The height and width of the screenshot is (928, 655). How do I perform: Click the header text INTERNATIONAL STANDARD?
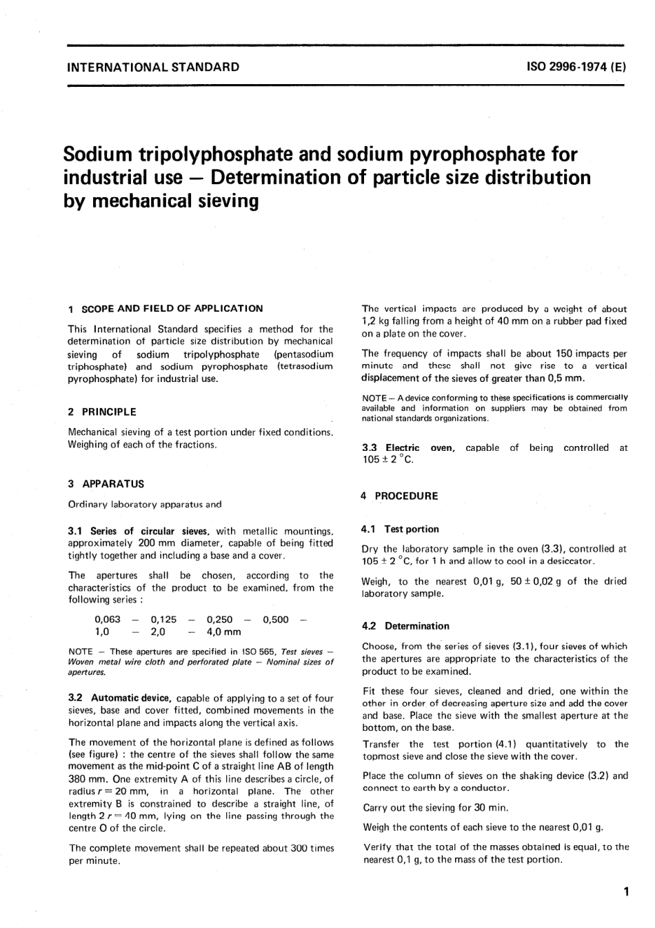click(x=153, y=67)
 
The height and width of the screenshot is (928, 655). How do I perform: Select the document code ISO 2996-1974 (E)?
click(x=576, y=67)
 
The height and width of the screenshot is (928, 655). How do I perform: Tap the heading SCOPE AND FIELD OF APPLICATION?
click(x=172, y=308)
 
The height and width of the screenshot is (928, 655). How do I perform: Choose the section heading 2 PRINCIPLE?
click(x=102, y=412)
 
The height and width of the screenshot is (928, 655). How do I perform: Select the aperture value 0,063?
click(x=107, y=619)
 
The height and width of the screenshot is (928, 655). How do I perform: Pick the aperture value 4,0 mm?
click(x=224, y=631)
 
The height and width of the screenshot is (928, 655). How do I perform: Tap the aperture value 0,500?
click(x=276, y=619)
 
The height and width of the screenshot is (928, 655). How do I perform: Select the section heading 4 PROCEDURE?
click(x=399, y=496)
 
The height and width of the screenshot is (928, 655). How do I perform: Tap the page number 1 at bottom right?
click(x=625, y=892)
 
